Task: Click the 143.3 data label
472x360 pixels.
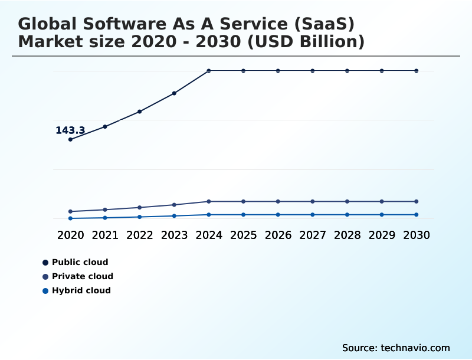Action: [x=70, y=130]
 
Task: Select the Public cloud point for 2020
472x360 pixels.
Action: [x=70, y=139]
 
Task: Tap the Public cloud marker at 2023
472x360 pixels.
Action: [x=174, y=93]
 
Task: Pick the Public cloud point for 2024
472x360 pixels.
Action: [x=209, y=71]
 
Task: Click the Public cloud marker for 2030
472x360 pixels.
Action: [x=417, y=71]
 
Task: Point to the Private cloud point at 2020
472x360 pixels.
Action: [x=70, y=211]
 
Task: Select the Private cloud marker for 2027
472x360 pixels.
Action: [x=313, y=201]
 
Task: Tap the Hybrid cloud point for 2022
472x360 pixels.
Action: [x=140, y=217]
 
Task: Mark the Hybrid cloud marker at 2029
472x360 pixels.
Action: [x=382, y=215]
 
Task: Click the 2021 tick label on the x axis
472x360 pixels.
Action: [x=105, y=235]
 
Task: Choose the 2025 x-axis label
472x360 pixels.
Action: [x=243, y=235]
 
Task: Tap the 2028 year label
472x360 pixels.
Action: [x=347, y=235]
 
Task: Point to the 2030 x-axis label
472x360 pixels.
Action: [x=417, y=235]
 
